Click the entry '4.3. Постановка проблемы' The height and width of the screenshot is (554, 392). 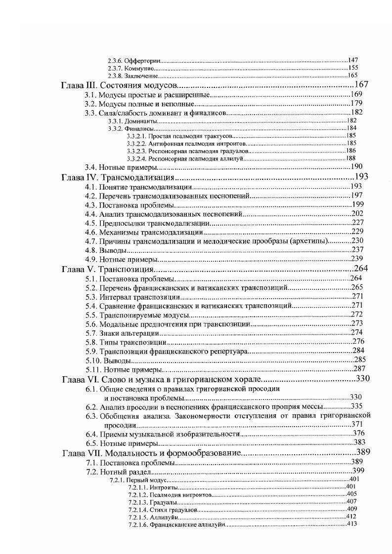[x=130, y=205]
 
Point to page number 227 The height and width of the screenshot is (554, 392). [x=357, y=223]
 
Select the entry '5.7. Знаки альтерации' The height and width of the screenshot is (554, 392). [x=123, y=332]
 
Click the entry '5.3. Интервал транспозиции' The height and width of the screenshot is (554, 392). [x=132, y=296]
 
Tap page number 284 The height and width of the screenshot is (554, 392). [x=358, y=351]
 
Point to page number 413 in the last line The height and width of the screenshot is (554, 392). [x=352, y=524]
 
